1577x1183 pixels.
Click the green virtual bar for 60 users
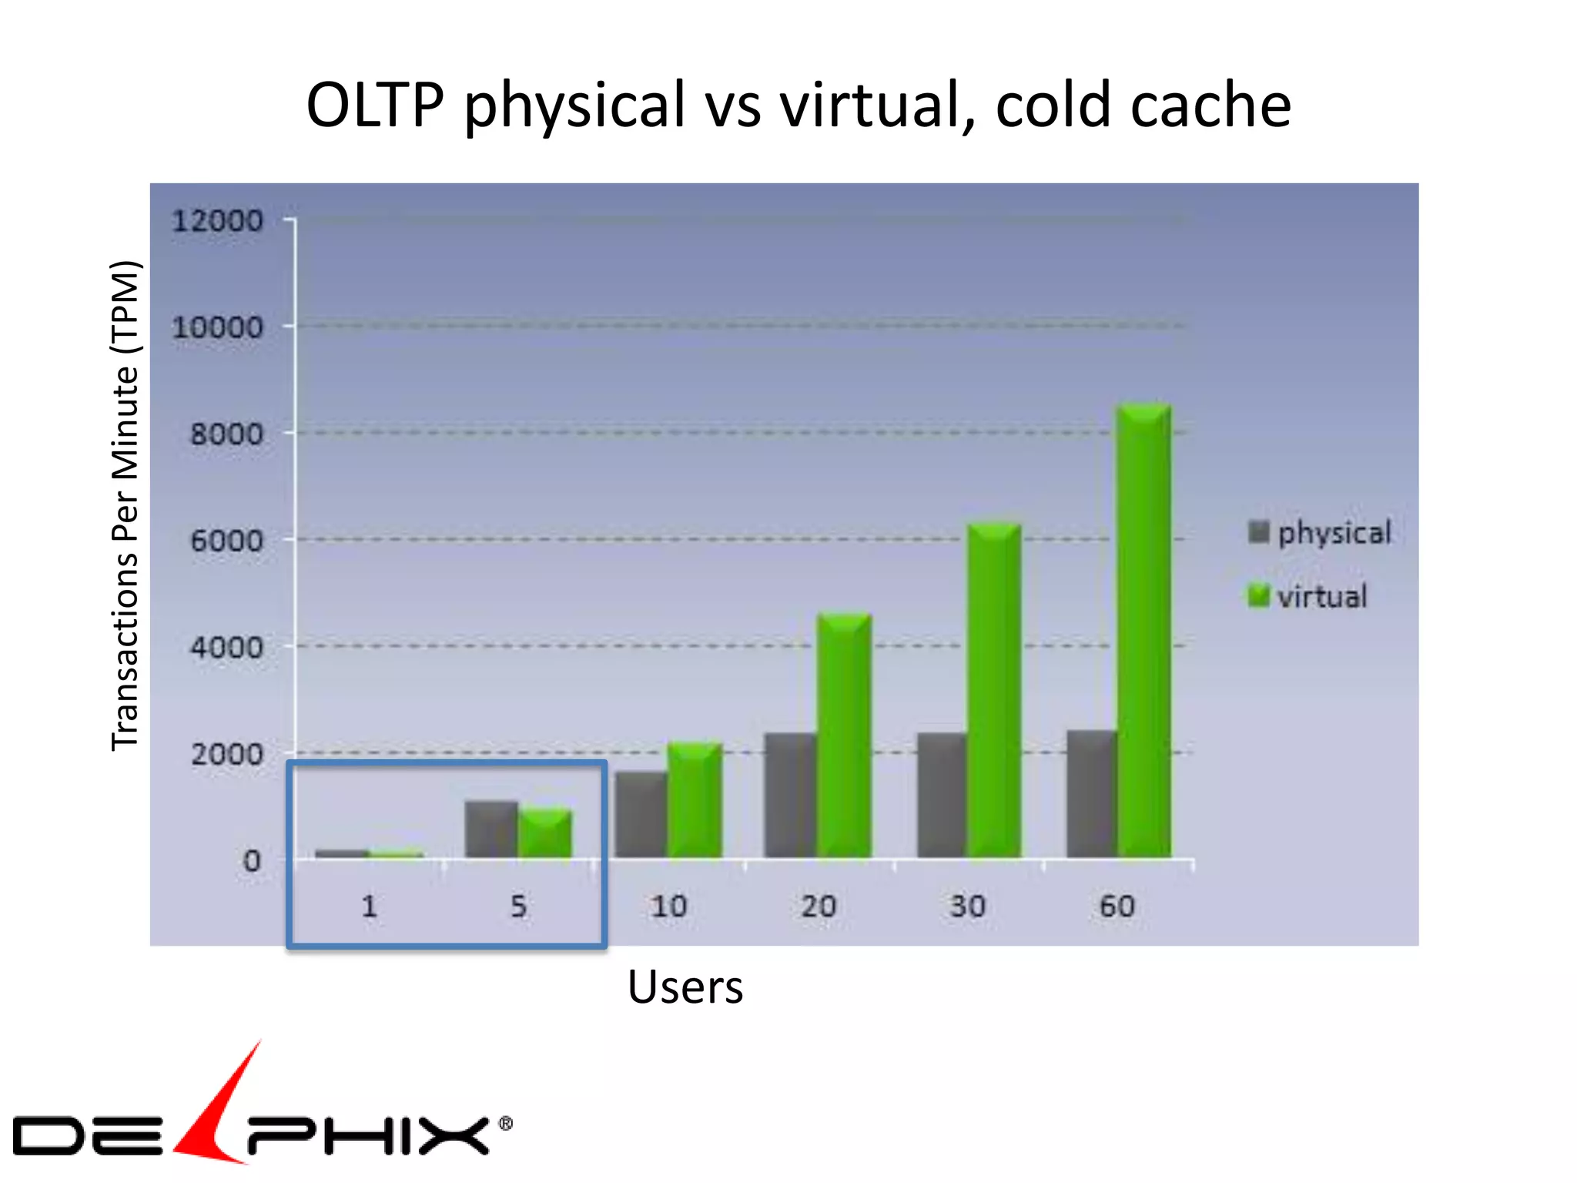pyautogui.click(x=1144, y=632)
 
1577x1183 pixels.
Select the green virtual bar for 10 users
pyautogui.click(x=695, y=801)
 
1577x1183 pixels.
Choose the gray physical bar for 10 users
pyautogui.click(x=641, y=815)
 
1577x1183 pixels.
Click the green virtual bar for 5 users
pyautogui.click(x=545, y=834)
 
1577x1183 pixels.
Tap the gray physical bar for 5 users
pyautogui.click(x=491, y=829)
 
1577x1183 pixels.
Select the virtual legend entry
pyautogui.click(x=1308, y=597)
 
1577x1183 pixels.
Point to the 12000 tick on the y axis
pyautogui.click(x=217, y=222)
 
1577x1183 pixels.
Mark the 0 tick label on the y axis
pyautogui.click(x=252, y=861)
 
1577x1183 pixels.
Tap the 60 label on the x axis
pyautogui.click(x=1117, y=907)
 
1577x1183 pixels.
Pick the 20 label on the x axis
pyautogui.click(x=818, y=907)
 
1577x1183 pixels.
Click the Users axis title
pyautogui.click(x=685, y=987)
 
